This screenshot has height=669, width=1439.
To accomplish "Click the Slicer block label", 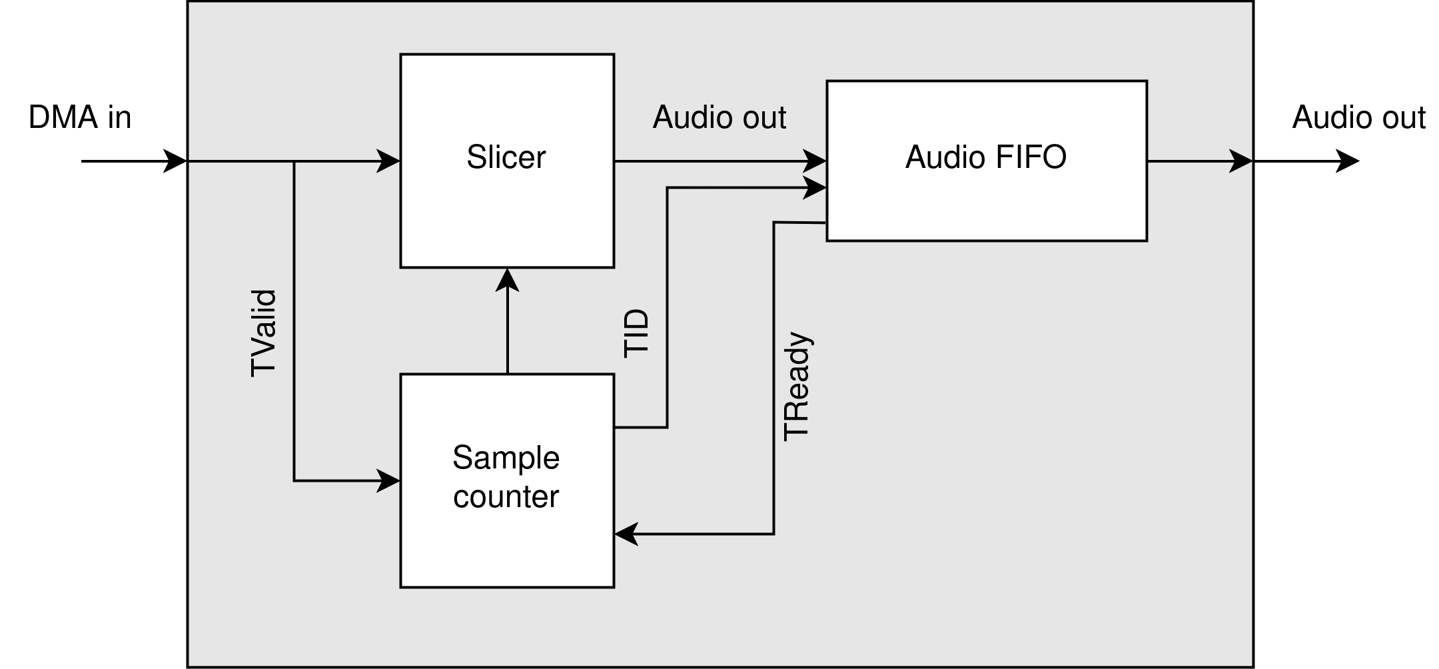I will [x=506, y=158].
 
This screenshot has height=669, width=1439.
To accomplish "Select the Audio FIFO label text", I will [x=985, y=158].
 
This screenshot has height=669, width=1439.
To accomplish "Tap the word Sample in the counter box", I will [x=506, y=458].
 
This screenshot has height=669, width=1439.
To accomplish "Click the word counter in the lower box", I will [x=506, y=497].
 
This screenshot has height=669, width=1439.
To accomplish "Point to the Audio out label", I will [x=719, y=118].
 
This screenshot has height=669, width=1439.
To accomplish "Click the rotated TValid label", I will [x=263, y=333].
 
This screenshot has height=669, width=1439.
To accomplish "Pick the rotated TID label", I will [x=636, y=333].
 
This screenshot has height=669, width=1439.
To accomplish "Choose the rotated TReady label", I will [x=797, y=386].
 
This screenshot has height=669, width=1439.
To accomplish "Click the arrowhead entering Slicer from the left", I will [x=389, y=161].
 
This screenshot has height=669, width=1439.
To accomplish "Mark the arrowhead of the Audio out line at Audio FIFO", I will [x=815, y=161].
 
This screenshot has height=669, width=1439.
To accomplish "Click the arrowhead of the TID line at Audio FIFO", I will [x=815, y=188].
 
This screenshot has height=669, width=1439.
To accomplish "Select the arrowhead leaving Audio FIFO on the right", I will [x=1240, y=161].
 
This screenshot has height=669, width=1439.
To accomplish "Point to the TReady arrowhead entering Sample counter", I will [x=626, y=534].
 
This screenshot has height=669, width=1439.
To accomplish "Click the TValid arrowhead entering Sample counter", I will [x=389, y=480].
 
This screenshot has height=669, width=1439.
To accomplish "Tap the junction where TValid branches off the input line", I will [x=294, y=161].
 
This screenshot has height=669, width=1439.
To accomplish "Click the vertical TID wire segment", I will [x=667, y=307].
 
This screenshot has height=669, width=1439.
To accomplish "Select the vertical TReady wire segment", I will [x=773, y=380].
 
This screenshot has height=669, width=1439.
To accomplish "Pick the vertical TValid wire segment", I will [x=294, y=320].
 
